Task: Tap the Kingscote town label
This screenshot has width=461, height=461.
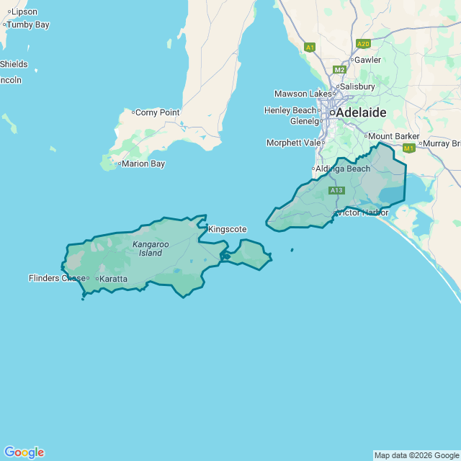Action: pyautogui.click(x=227, y=229)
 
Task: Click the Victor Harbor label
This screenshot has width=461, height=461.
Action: pyautogui.click(x=363, y=212)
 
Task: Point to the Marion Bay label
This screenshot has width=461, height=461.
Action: pyautogui.click(x=143, y=164)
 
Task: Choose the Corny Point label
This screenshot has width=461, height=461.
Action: pyautogui.click(x=157, y=112)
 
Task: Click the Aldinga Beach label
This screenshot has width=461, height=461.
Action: pyautogui.click(x=343, y=169)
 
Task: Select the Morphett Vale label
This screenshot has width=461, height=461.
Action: pyautogui.click(x=293, y=143)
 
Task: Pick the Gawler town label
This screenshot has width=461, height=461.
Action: pyautogui.click(x=367, y=60)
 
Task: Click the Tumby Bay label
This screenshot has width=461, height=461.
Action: pyautogui.click(x=27, y=24)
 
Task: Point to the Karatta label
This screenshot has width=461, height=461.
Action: pyautogui.click(x=113, y=279)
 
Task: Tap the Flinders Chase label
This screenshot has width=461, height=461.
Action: pyautogui.click(x=57, y=278)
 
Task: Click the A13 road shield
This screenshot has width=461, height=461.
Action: pyautogui.click(x=336, y=190)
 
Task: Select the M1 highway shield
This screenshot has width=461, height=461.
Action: pyautogui.click(x=409, y=148)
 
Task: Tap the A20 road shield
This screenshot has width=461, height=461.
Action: pyautogui.click(x=363, y=43)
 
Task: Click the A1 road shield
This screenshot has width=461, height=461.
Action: pyautogui.click(x=310, y=48)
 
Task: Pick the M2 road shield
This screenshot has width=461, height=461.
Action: pyautogui.click(x=339, y=70)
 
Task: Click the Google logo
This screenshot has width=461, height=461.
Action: pyautogui.click(x=24, y=452)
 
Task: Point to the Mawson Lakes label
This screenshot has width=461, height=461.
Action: pyautogui.click(x=303, y=94)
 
